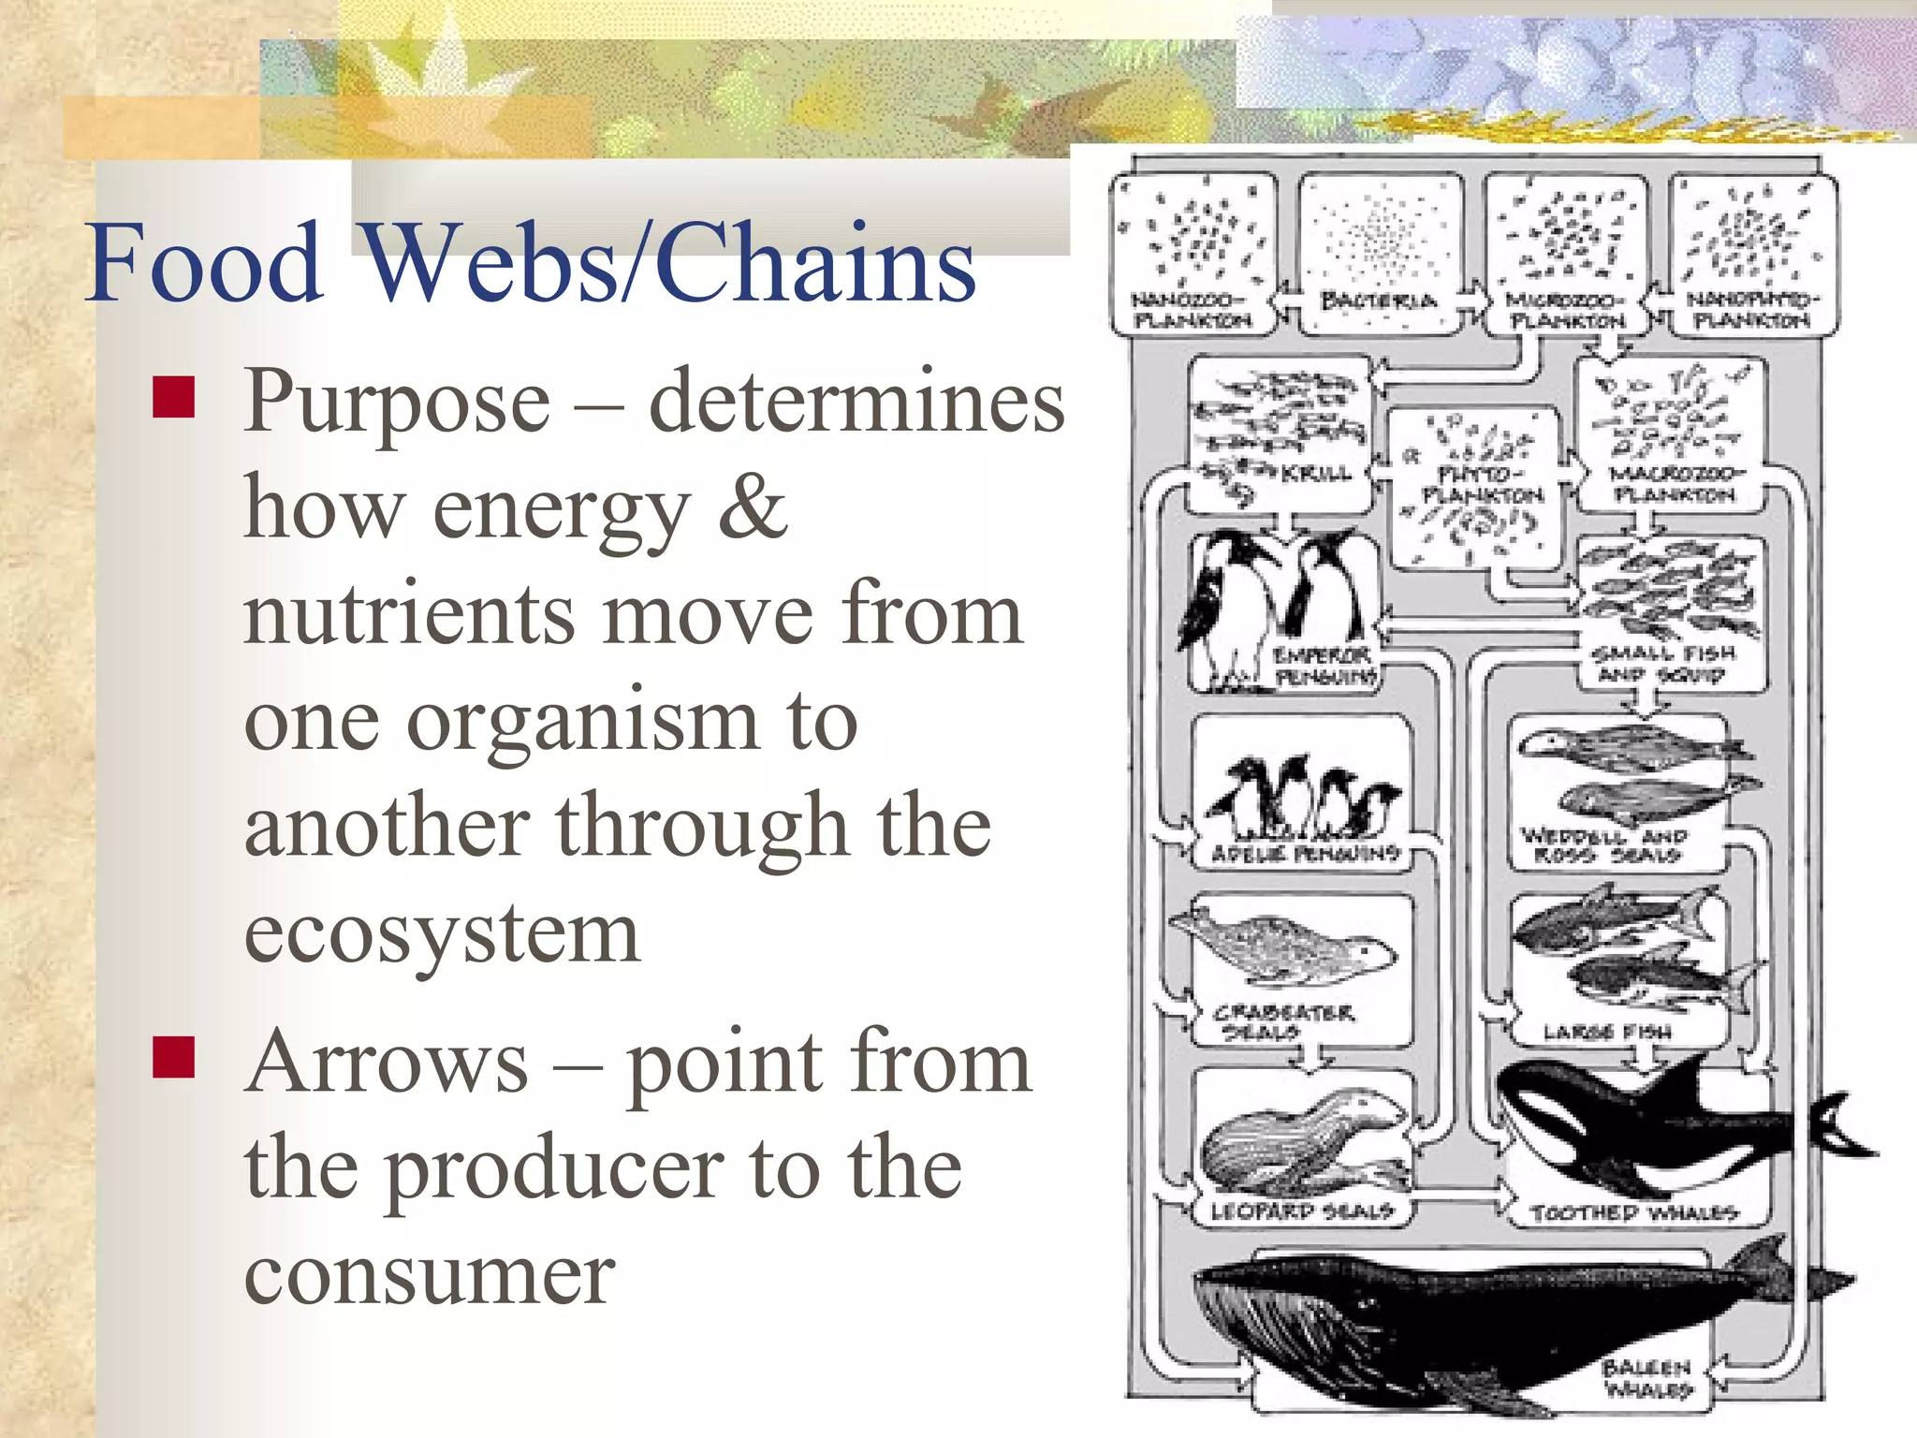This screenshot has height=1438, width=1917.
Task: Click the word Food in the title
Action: pyautogui.click(x=204, y=264)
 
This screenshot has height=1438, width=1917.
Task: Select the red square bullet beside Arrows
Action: pyautogui.click(x=173, y=1058)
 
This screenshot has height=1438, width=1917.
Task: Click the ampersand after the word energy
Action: pyautogui.click(x=753, y=508)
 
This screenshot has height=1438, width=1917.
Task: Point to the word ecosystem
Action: pyautogui.click(x=442, y=933)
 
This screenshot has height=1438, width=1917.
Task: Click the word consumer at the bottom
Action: pyautogui.click(x=430, y=1275)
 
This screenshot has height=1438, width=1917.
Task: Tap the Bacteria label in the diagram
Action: pyautogui.click(x=1378, y=301)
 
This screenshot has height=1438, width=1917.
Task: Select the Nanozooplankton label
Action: pyautogui.click(x=1191, y=311)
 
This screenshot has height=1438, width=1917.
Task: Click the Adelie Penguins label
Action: pyautogui.click(x=1305, y=853)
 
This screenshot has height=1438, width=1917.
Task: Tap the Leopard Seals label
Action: pyautogui.click(x=1301, y=1211)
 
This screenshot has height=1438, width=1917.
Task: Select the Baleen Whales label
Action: pyautogui.click(x=1646, y=1378)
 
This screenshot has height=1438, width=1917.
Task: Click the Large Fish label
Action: pyautogui.click(x=1606, y=1033)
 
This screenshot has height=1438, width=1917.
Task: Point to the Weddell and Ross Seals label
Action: pyautogui.click(x=1603, y=845)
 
